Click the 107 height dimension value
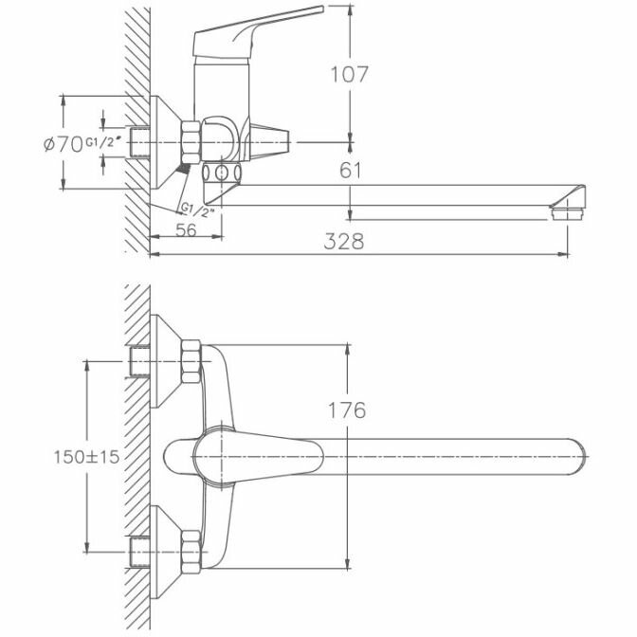(x=350, y=73)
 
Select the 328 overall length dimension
(x=344, y=242)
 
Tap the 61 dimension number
(x=351, y=171)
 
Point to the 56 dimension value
(x=186, y=230)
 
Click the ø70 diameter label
(x=64, y=144)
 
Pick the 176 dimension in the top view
(x=346, y=410)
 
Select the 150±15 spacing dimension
(x=85, y=456)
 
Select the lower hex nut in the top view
(x=189, y=551)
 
